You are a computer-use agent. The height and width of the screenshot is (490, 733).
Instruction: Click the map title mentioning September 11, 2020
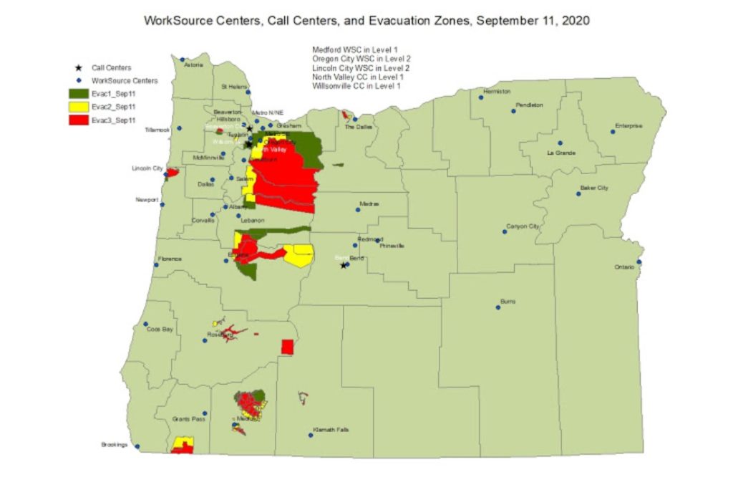click(x=366, y=21)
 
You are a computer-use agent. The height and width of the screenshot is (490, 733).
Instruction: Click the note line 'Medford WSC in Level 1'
click(x=349, y=49)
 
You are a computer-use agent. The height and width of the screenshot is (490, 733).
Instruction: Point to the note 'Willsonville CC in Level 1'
click(x=356, y=86)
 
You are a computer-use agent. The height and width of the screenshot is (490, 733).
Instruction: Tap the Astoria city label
click(x=194, y=64)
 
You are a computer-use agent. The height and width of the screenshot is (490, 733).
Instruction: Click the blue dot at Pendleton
click(x=513, y=111)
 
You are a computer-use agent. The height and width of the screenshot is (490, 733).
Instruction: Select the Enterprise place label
click(x=629, y=126)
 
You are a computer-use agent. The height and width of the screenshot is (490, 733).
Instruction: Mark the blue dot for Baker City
click(x=578, y=193)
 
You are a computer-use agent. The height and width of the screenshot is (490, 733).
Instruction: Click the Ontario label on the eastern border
click(x=623, y=267)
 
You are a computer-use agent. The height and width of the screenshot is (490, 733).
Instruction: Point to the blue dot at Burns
click(x=497, y=308)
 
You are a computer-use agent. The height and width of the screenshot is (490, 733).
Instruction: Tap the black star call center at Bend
click(x=344, y=265)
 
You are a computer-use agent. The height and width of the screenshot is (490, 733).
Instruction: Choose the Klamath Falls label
click(x=331, y=429)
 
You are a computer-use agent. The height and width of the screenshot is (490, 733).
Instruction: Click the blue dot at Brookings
click(x=138, y=447)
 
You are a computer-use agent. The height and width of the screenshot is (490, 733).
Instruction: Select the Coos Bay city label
click(x=160, y=330)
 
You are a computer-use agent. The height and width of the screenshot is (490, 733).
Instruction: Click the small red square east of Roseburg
click(x=288, y=347)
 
